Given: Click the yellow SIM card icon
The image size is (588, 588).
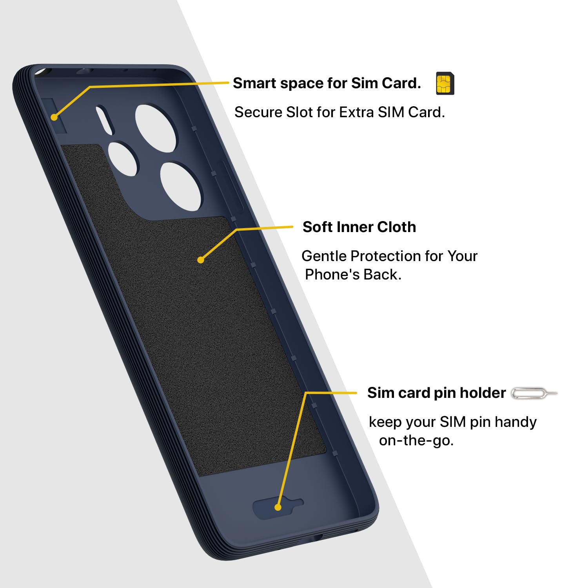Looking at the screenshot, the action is (445, 83).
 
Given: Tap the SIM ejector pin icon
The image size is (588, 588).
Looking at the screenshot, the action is (534, 393).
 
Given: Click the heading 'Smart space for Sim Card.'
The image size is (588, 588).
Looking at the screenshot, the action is (327, 83).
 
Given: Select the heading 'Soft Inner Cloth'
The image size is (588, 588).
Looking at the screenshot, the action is (359, 227).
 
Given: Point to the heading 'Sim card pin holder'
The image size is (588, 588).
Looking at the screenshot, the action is (436, 393).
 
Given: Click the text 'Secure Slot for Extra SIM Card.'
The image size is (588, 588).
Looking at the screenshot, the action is (339, 113).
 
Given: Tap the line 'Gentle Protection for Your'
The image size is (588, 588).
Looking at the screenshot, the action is (390, 256).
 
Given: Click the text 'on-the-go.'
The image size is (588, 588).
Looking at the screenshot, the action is (416, 441).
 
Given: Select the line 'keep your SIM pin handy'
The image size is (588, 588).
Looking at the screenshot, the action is (453, 422).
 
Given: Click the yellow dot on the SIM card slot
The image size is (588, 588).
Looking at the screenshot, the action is (54, 117).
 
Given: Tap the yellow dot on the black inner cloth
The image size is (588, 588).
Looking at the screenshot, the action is (201, 260).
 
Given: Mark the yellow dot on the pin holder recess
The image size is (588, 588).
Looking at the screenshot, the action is (278, 507).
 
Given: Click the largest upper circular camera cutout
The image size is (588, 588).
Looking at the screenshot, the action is (156, 128).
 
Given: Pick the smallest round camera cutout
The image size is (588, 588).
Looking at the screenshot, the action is (123, 159).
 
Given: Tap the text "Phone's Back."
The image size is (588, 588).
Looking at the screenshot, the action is (353, 275).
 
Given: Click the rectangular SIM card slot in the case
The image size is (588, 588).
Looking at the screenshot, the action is (55, 116).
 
